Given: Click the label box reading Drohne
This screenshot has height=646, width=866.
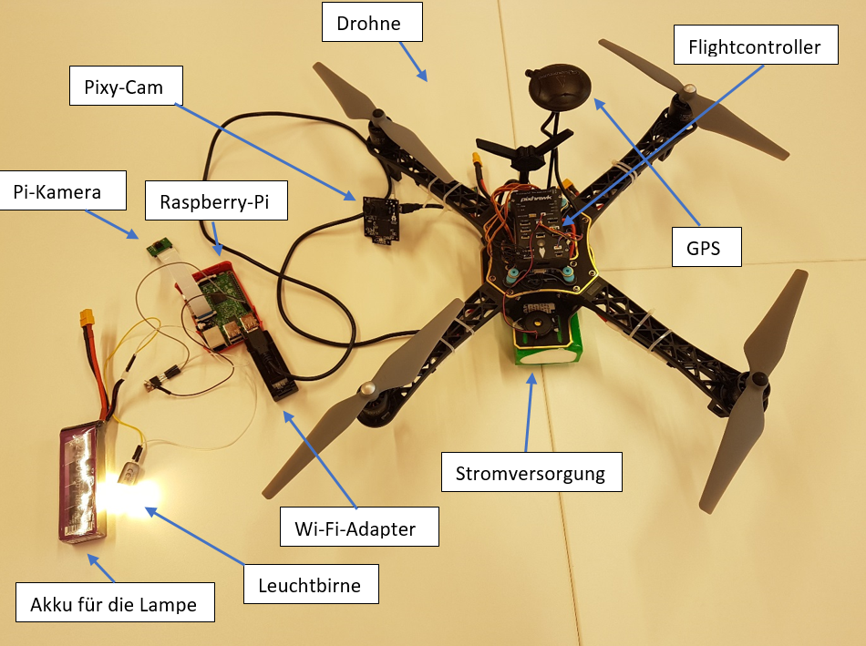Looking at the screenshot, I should click(x=373, y=24).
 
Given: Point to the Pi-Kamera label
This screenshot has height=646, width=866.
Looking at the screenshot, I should click(x=57, y=192).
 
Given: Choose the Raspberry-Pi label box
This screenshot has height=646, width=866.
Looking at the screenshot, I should click(x=217, y=201).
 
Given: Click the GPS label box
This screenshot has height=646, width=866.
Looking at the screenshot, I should click(x=706, y=248).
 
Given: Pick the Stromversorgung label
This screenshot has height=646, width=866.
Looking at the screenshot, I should click(x=531, y=474).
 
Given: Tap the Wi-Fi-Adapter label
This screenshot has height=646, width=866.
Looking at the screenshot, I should click(x=361, y=528).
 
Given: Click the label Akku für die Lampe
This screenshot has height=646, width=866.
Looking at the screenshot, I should click(x=115, y=602).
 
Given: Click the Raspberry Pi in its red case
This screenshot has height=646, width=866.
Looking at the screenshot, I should click(x=220, y=305).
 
